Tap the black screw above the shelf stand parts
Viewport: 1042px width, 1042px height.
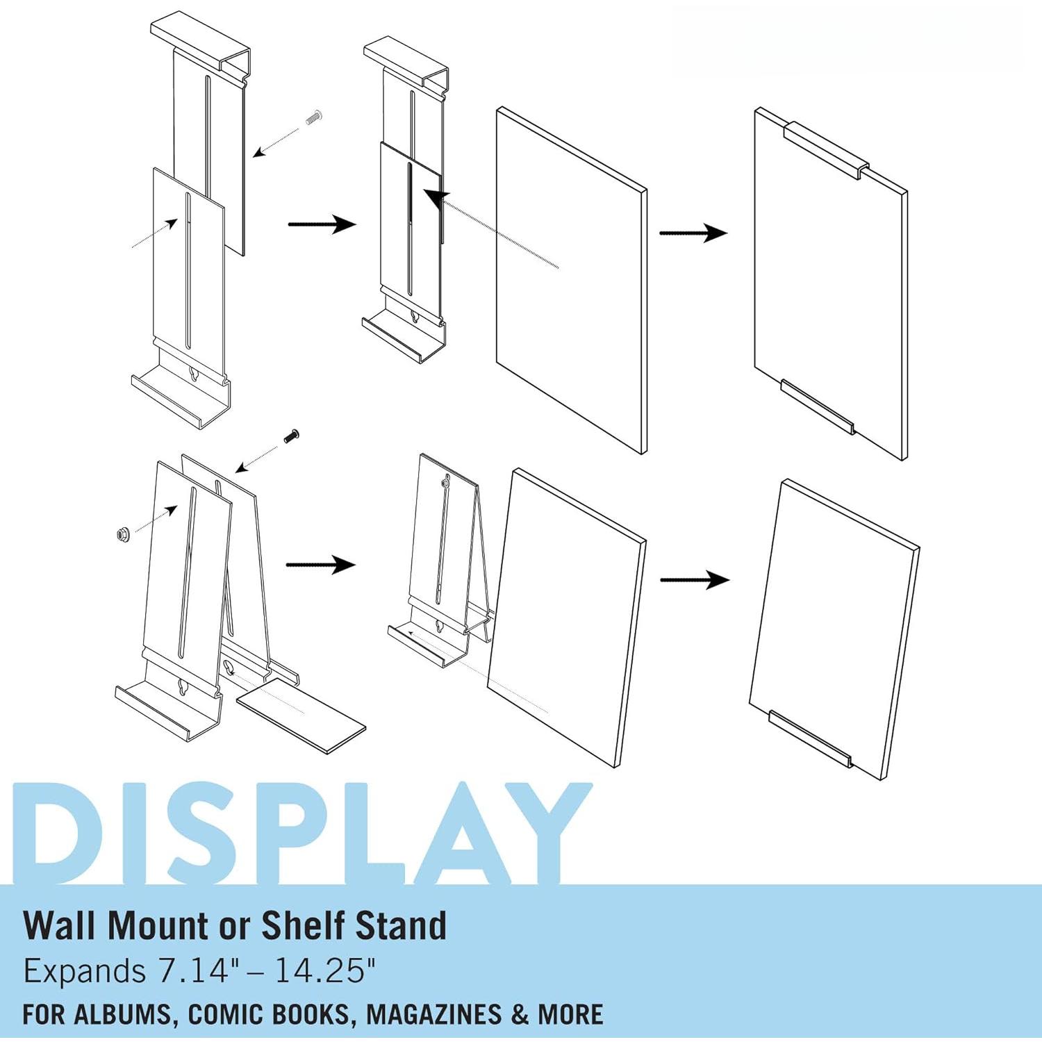pyautogui.click(x=291, y=437)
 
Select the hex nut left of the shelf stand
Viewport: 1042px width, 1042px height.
pyautogui.click(x=124, y=535)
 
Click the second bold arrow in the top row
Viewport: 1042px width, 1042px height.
pyautogui.click(x=693, y=233)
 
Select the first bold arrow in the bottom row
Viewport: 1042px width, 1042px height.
pyautogui.click(x=321, y=565)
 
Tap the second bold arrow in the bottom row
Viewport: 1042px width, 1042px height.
pyautogui.click(x=694, y=579)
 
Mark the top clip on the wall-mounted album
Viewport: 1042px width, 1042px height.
pyautogui.click(x=826, y=150)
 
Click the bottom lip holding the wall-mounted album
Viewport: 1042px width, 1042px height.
pyautogui.click(x=817, y=407)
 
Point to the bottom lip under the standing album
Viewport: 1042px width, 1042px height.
pyautogui.click(x=810, y=738)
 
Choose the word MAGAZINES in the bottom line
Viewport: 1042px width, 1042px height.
pyautogui.click(x=433, y=1014)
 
